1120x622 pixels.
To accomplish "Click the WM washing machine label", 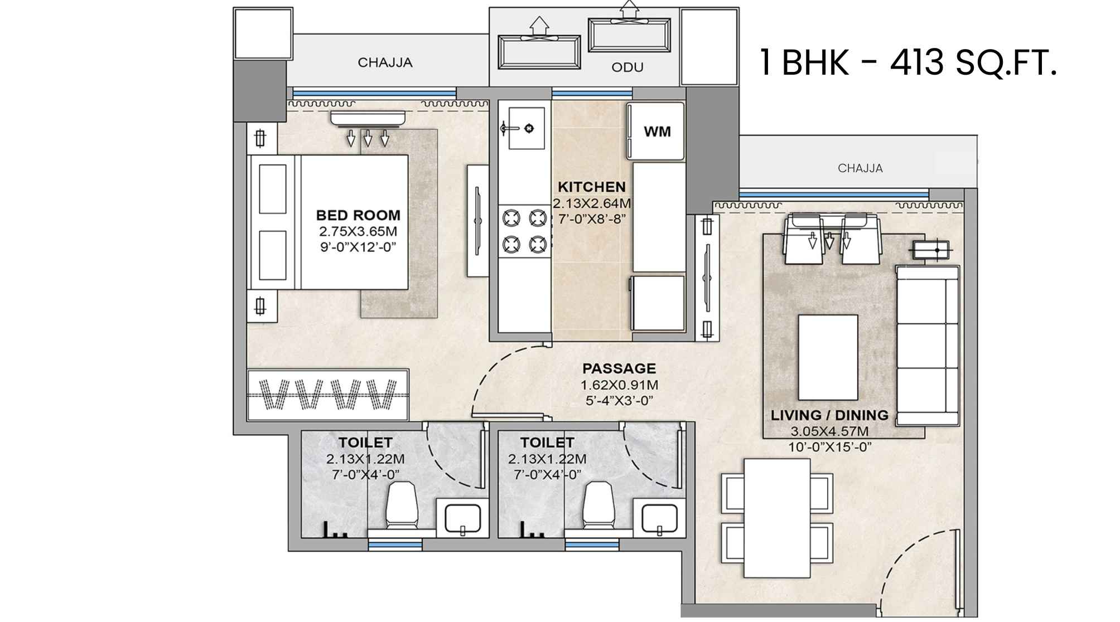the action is [x=657, y=132].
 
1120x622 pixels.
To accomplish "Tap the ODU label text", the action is [x=627, y=67].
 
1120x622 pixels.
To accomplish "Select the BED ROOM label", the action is [x=358, y=215].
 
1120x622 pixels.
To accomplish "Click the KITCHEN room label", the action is [x=592, y=187].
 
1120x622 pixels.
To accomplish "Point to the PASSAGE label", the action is [x=619, y=368].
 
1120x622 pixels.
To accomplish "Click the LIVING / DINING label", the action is [x=829, y=415].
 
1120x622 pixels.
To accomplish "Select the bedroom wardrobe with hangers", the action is [x=329, y=394].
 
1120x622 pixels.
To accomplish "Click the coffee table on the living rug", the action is [x=828, y=357].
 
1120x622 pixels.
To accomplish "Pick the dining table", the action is [x=777, y=518].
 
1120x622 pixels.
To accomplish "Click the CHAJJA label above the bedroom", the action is [x=385, y=62].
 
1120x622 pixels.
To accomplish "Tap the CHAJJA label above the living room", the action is [x=860, y=168].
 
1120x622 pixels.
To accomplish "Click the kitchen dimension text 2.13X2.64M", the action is [x=592, y=203].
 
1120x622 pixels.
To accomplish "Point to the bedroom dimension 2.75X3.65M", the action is [x=358, y=231].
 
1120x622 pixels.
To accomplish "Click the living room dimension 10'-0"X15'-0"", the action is [x=829, y=446].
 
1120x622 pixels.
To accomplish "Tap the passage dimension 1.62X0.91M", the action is [x=619, y=385].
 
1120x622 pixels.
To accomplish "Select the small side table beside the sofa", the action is [x=931, y=250].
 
